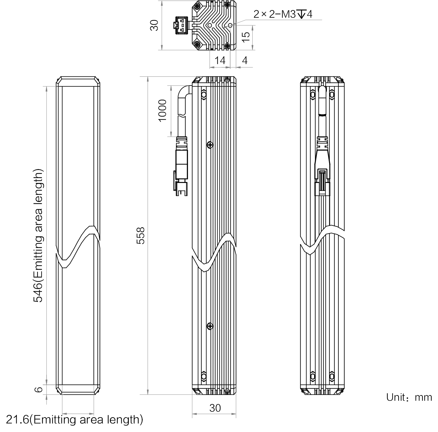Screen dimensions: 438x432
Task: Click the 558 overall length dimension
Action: (x=141, y=235)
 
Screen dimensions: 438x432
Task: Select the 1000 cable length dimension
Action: (x=162, y=110)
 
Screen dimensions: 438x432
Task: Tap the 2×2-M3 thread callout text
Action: (x=283, y=14)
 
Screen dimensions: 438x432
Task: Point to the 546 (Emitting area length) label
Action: (x=38, y=235)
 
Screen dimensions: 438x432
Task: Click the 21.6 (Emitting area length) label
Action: (x=75, y=419)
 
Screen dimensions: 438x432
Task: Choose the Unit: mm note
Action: (x=409, y=397)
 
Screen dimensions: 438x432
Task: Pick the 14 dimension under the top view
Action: (x=220, y=60)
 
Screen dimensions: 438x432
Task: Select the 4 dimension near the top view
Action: (x=245, y=60)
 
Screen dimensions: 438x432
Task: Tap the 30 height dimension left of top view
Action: (x=154, y=25)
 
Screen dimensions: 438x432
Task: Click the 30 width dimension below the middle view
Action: (x=215, y=408)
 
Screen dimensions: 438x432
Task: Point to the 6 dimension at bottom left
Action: (x=39, y=390)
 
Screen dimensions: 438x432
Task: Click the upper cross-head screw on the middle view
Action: (x=210, y=145)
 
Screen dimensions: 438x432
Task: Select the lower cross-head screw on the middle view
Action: (x=210, y=326)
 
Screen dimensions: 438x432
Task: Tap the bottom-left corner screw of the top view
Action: (x=197, y=45)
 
